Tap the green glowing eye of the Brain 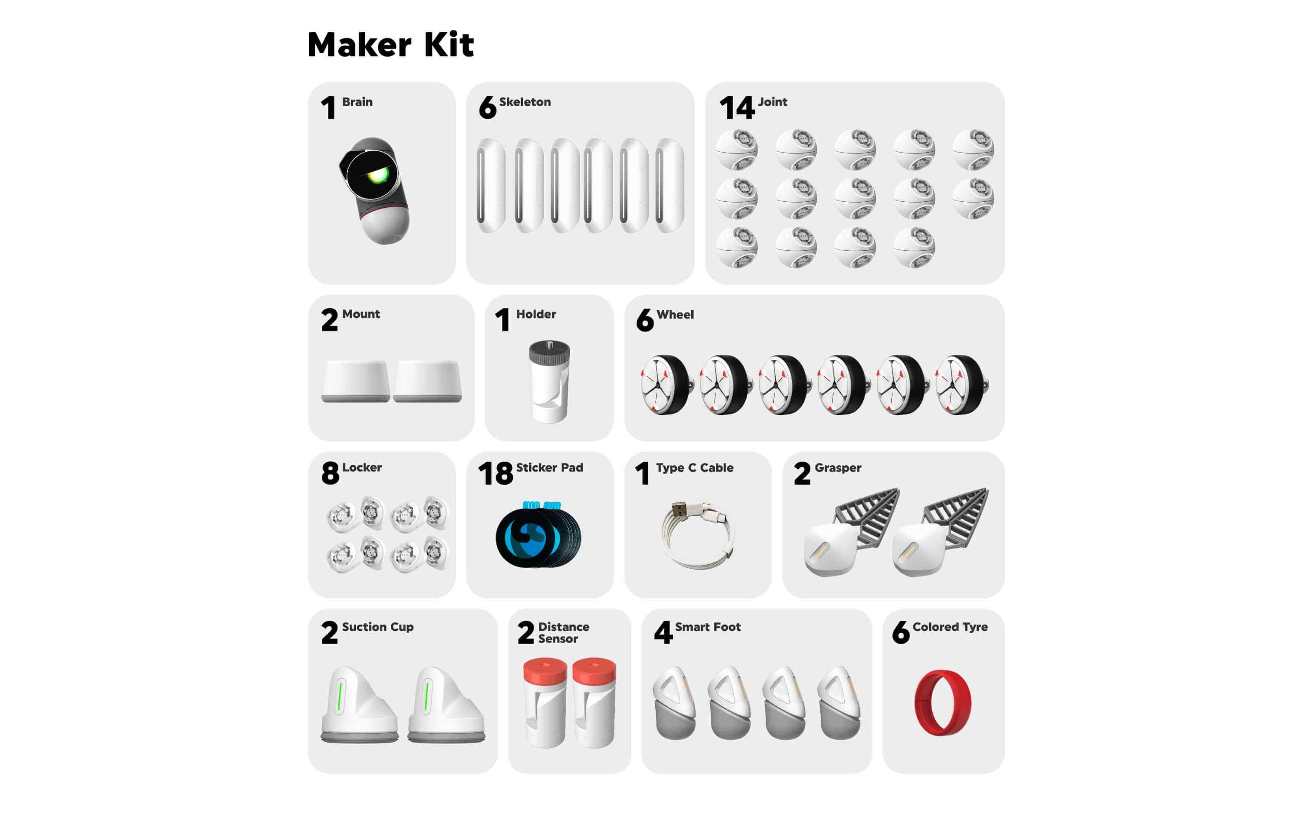tap(377, 175)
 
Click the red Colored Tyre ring tap(942, 703)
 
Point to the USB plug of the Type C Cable tap(679, 508)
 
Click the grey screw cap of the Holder tap(549, 352)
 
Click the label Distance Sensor tap(563, 632)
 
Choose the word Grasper tap(838, 468)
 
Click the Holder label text tap(536, 314)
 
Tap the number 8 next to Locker tap(330, 473)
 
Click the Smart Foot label tap(708, 627)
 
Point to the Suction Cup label tap(378, 627)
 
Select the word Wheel tap(675, 315)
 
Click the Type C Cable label tap(694, 468)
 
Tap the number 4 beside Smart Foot tap(663, 632)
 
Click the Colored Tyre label tap(950, 627)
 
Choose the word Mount tap(361, 314)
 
